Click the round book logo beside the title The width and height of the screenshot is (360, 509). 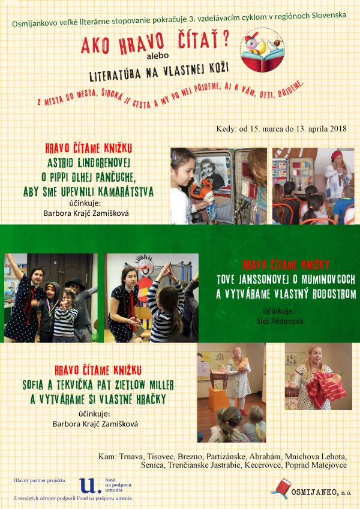(x=263, y=50)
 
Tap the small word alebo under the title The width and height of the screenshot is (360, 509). (x=158, y=56)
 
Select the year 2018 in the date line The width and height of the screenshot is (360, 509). (x=338, y=129)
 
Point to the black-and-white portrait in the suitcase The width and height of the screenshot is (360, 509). (x=211, y=171)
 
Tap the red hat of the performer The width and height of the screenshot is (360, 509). (x=337, y=155)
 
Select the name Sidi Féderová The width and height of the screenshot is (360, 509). (x=280, y=321)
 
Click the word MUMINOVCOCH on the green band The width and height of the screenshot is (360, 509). (x=328, y=279)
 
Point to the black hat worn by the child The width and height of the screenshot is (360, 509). (x=75, y=284)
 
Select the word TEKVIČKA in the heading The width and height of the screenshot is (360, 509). (x=71, y=385)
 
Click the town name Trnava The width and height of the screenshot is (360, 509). (x=131, y=457)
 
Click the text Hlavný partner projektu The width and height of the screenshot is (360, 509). (x=40, y=480)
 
